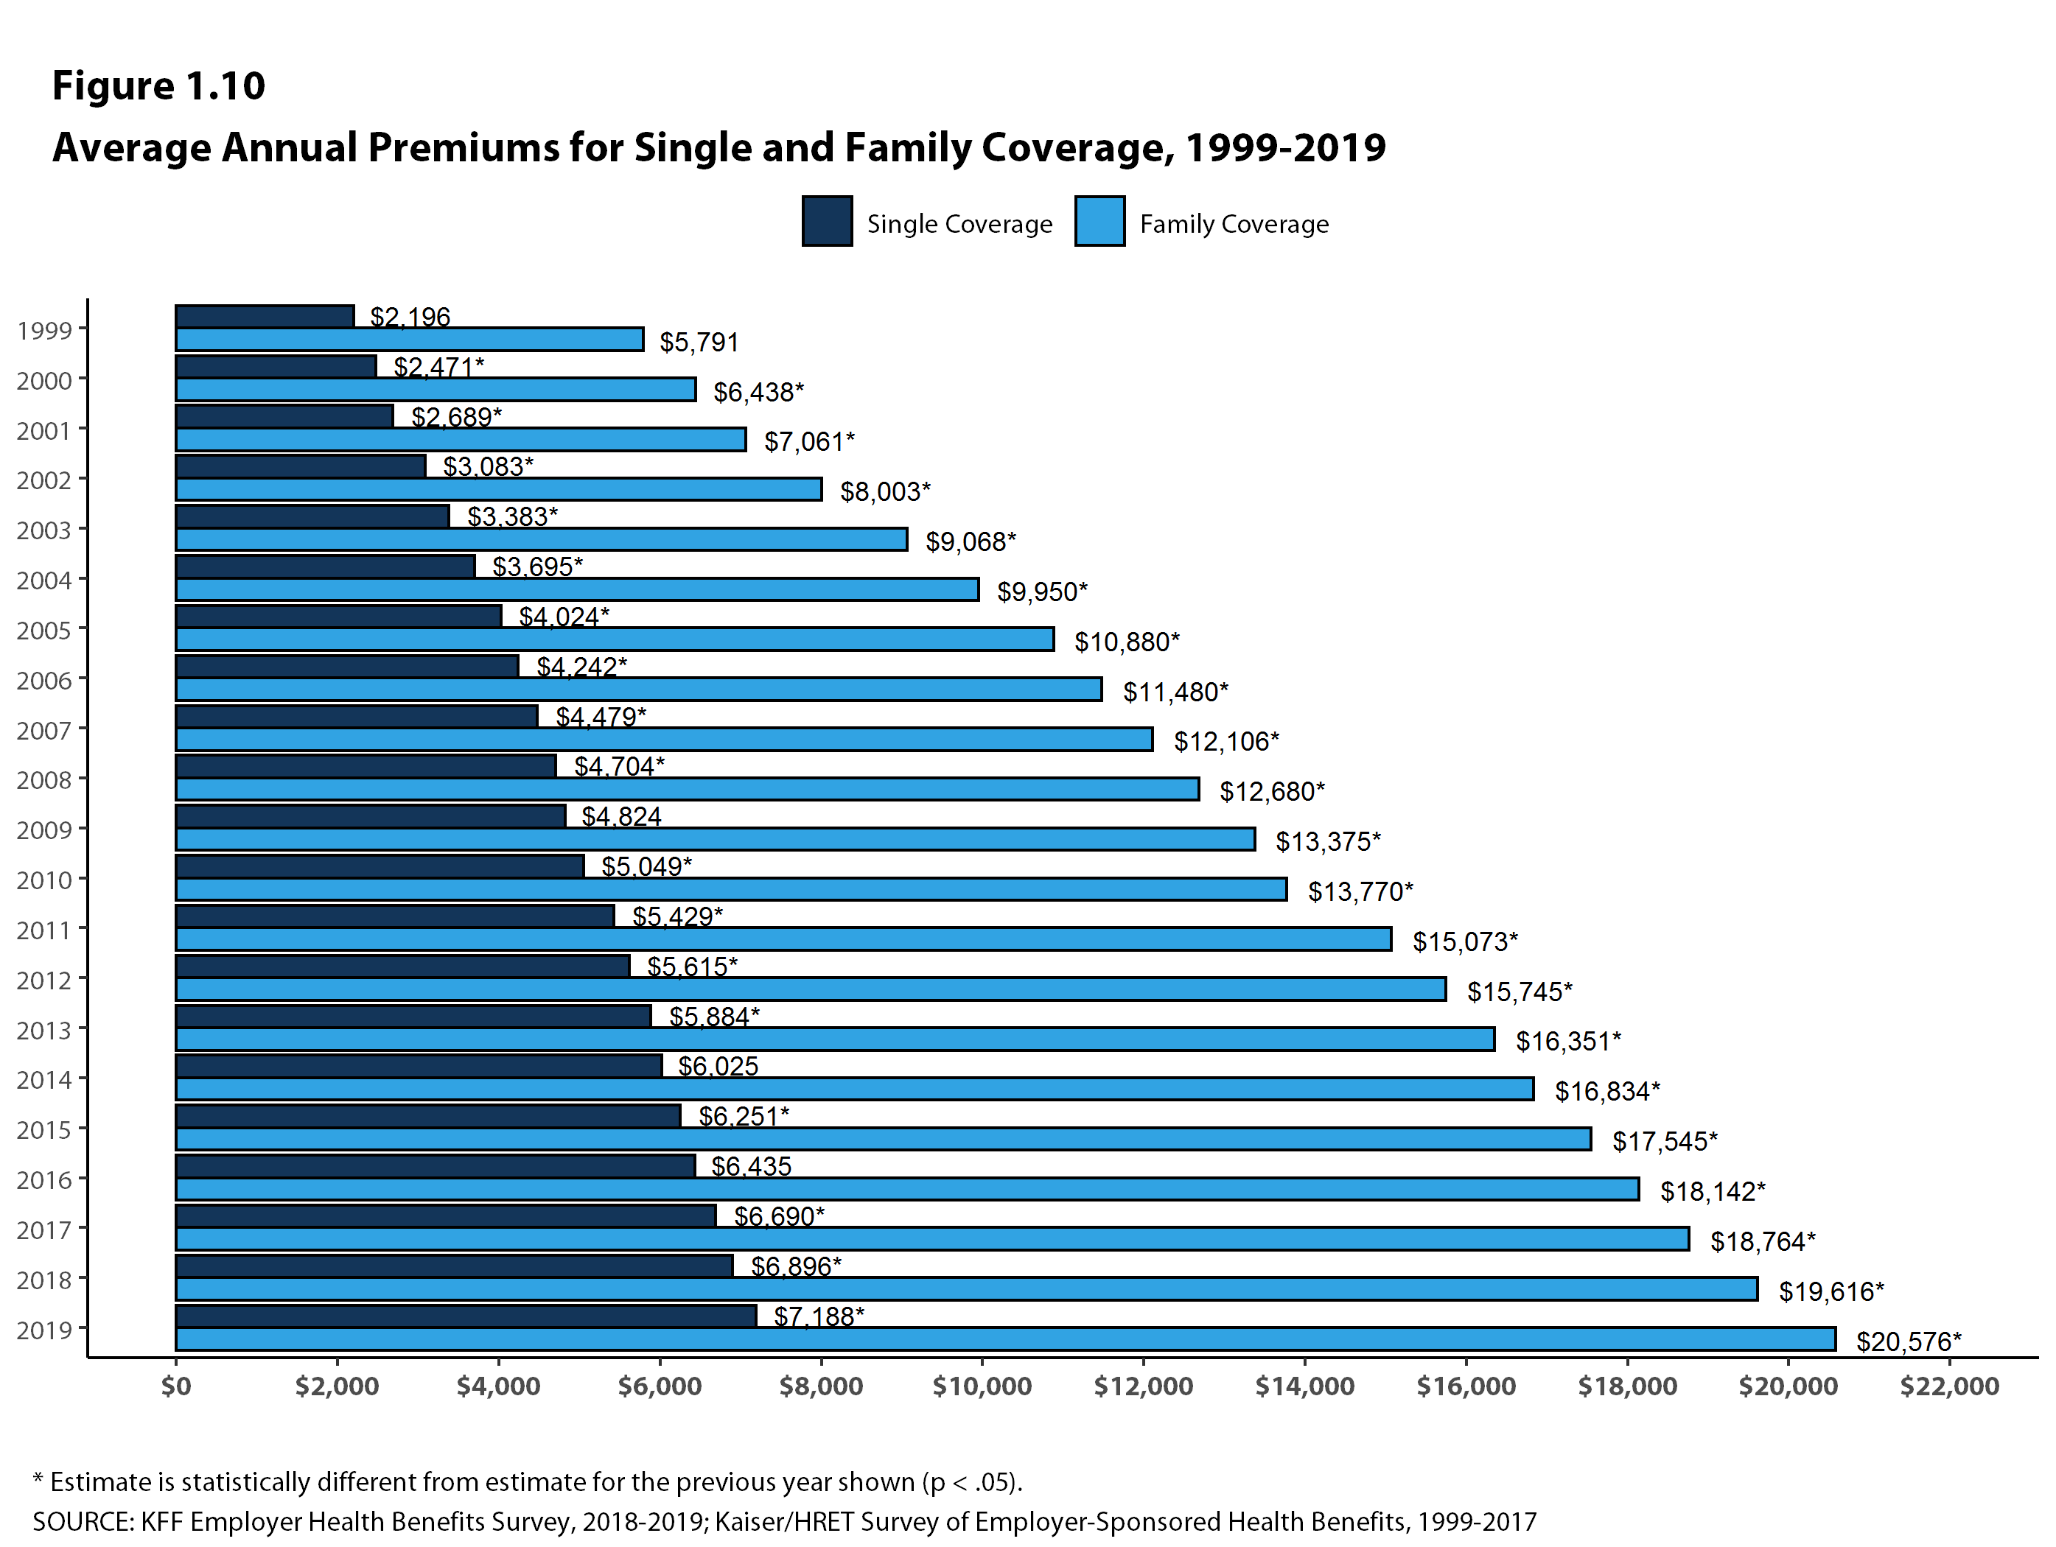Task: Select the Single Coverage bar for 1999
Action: [265, 317]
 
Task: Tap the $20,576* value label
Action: [1907, 1341]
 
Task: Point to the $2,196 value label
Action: [410, 318]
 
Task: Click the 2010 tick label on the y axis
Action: [43, 880]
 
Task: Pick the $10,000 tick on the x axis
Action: [982, 1386]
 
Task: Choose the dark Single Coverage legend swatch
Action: [826, 222]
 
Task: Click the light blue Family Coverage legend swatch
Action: [1099, 222]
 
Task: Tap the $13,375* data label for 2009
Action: [1327, 842]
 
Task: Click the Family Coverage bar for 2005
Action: [615, 639]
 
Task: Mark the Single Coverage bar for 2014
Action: [419, 1066]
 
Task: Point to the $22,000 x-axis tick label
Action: [1948, 1386]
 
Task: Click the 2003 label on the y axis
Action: [43, 530]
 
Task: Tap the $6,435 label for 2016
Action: [751, 1166]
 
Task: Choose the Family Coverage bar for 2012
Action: [811, 989]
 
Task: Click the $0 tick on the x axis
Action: [175, 1386]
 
